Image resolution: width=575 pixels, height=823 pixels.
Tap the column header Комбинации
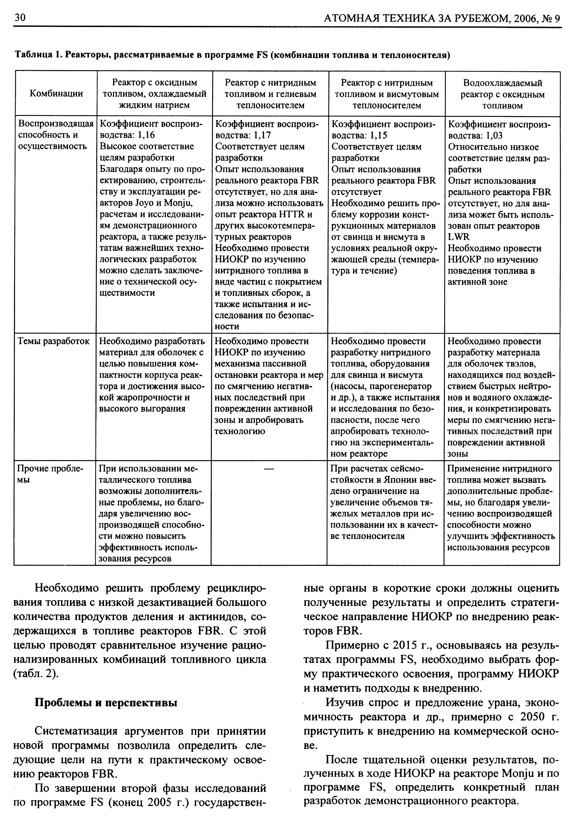pyautogui.click(x=56, y=94)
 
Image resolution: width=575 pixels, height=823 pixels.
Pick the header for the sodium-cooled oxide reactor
pyautogui.click(x=155, y=94)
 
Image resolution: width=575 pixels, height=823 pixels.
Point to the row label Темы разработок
pyautogui.click(x=54, y=341)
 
